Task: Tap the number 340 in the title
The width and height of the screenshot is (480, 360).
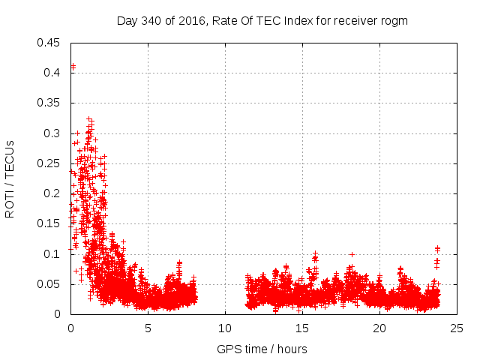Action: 151,21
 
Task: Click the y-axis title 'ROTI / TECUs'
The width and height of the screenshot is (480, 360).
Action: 10,178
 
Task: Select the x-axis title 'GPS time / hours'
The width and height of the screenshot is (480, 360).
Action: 262,349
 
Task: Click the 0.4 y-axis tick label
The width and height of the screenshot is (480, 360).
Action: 54,73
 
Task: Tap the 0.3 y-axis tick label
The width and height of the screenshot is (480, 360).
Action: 54,133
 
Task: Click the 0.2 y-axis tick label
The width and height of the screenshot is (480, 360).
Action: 54,193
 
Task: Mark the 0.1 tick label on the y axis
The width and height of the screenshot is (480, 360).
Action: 54,254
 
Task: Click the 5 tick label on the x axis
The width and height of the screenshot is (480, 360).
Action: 148,328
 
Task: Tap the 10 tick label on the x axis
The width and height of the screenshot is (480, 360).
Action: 225,328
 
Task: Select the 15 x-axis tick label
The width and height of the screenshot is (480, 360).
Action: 302,328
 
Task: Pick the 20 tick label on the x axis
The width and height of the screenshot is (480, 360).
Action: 379,328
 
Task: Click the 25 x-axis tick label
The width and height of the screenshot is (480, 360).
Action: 457,328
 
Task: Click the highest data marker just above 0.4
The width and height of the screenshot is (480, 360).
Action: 73,66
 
